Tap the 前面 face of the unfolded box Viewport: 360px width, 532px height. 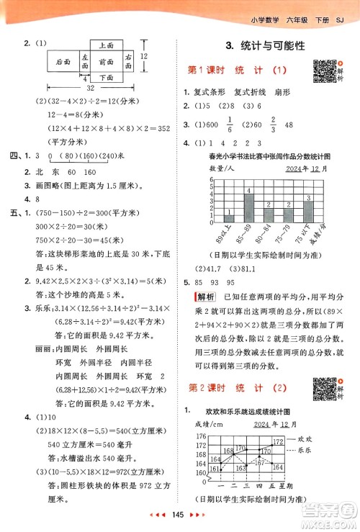pyautogui.click(x=106, y=61)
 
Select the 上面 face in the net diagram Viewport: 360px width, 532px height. pyautogui.click(x=106, y=45)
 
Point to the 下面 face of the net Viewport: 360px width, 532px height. pyautogui.click(x=106, y=77)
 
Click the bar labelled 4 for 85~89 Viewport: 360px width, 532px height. pyautogui.click(x=248, y=207)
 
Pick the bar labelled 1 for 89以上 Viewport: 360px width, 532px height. pyautogui.click(x=229, y=217)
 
